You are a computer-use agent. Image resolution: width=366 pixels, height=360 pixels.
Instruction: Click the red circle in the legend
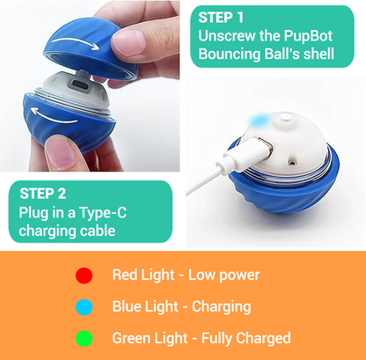coord(84,276)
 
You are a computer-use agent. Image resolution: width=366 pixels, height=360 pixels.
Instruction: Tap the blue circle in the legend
coord(84,307)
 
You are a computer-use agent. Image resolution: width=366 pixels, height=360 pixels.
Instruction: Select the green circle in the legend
coord(84,339)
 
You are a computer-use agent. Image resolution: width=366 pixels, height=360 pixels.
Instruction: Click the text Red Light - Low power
coord(186,275)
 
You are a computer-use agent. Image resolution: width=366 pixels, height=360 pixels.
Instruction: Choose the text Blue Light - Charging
coord(181,306)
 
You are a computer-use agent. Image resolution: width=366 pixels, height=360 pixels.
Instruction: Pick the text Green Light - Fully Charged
coord(201,338)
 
